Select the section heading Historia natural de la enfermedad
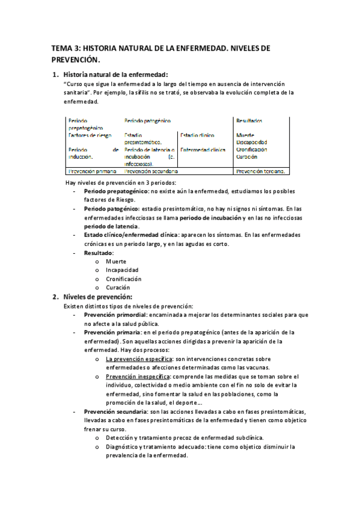(111, 74)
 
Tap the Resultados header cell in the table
(249, 121)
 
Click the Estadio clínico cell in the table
(197, 135)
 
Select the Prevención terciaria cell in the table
(260, 171)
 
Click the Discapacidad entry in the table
(252, 143)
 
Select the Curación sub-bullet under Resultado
(118, 287)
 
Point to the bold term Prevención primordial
(115, 315)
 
